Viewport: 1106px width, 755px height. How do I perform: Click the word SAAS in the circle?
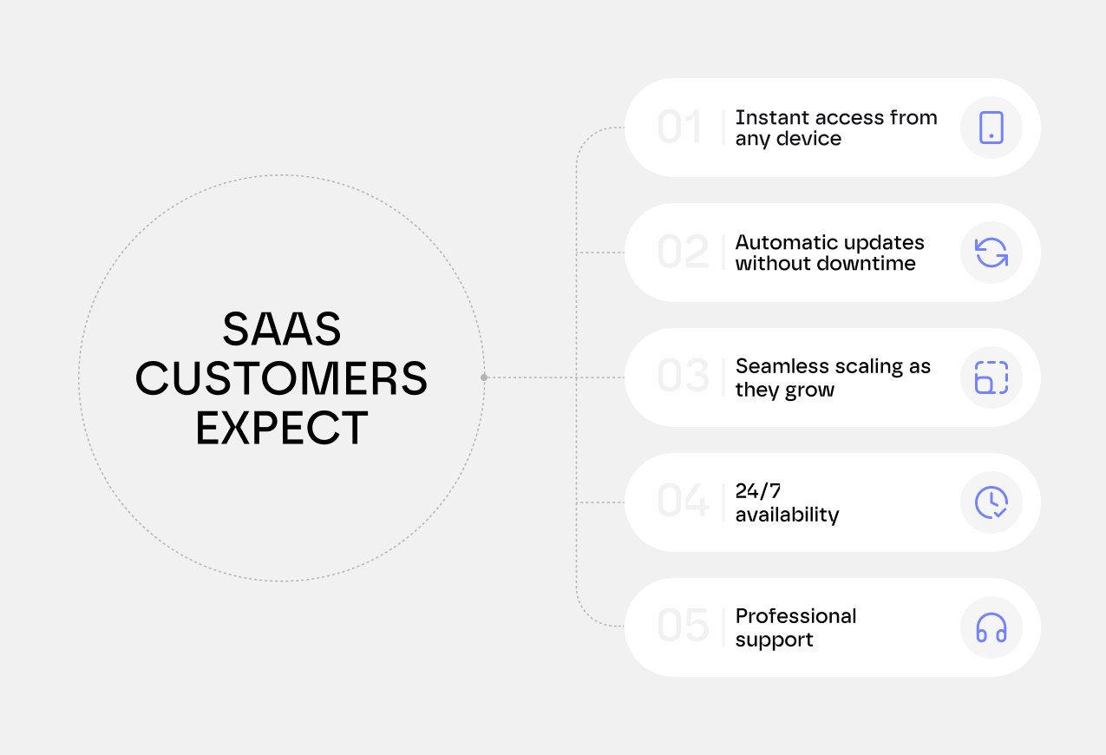click(282, 330)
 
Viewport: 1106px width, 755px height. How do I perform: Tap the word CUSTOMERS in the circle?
click(282, 379)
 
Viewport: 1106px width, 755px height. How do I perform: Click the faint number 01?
click(679, 128)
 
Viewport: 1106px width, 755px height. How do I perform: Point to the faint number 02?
click(683, 253)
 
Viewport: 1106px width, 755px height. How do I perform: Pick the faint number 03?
click(683, 377)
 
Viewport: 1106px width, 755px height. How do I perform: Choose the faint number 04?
click(683, 502)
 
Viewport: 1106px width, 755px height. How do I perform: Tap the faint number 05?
click(683, 627)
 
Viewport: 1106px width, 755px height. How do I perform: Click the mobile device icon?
click(991, 128)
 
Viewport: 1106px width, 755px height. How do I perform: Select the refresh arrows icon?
click(991, 253)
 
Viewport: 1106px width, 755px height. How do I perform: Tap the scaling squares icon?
click(991, 377)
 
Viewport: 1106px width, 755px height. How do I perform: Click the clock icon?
click(991, 502)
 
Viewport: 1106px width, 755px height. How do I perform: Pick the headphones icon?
click(991, 627)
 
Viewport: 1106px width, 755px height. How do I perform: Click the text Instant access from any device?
click(835, 128)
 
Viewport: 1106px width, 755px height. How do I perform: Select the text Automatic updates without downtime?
click(829, 253)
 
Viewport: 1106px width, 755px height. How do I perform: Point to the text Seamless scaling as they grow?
click(832, 378)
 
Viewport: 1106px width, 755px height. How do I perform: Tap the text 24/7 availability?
click(787, 503)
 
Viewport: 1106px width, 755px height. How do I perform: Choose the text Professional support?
click(795, 627)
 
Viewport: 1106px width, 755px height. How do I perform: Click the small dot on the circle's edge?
click(484, 377)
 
